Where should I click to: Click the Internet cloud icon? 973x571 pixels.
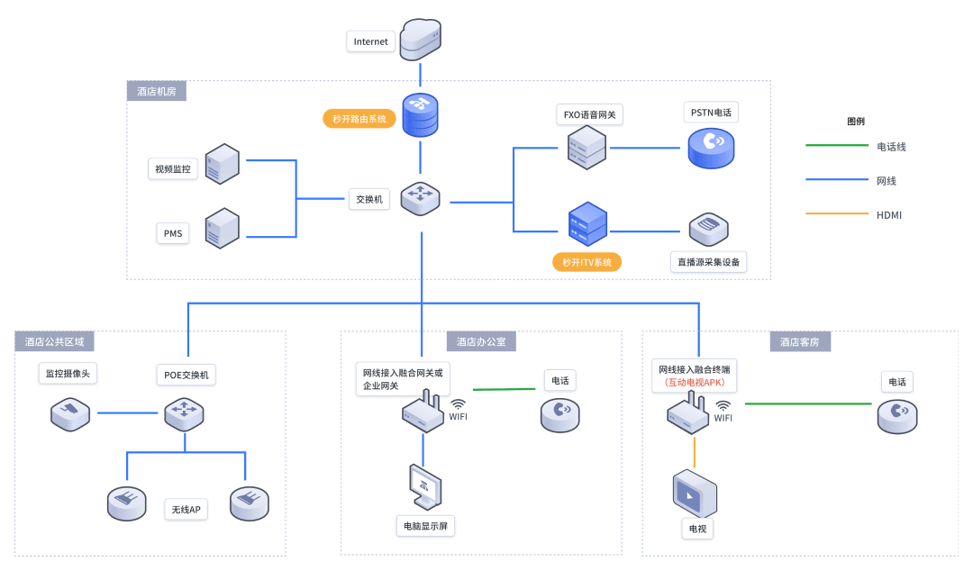click(x=420, y=39)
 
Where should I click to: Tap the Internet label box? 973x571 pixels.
click(x=371, y=41)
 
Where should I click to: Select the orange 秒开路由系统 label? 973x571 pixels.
click(x=359, y=119)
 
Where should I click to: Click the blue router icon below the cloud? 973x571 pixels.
click(x=420, y=114)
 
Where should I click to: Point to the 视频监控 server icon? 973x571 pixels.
click(x=222, y=165)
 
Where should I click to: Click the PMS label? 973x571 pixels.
click(x=173, y=234)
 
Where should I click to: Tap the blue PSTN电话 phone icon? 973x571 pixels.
click(x=711, y=147)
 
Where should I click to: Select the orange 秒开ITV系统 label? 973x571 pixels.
click(x=587, y=263)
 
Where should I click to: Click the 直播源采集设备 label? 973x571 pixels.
click(x=709, y=263)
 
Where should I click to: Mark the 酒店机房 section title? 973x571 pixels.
click(x=157, y=91)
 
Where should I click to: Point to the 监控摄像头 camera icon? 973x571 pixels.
click(x=69, y=413)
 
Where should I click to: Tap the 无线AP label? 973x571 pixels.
click(x=186, y=510)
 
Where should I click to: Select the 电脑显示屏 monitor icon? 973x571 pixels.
click(x=424, y=487)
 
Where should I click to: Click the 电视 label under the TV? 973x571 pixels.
click(x=697, y=528)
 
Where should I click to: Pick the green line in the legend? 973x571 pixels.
click(x=836, y=146)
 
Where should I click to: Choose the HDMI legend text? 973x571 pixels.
click(x=889, y=215)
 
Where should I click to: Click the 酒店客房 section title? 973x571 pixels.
click(x=800, y=342)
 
